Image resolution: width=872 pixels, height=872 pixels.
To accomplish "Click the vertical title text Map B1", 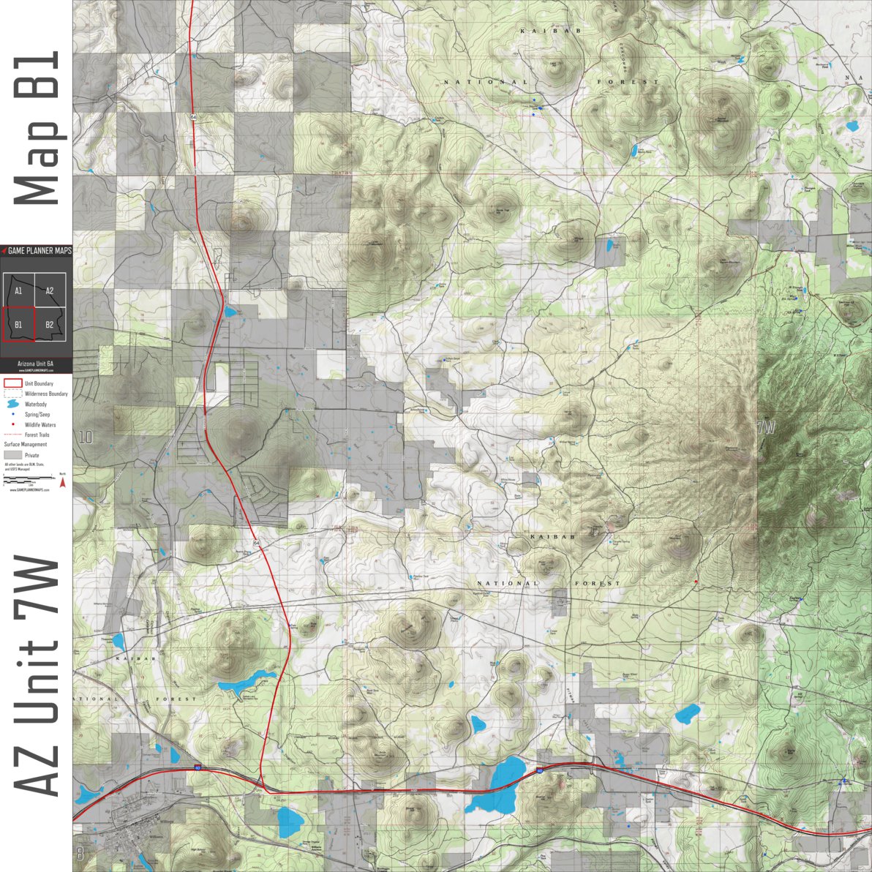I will click(x=37, y=129).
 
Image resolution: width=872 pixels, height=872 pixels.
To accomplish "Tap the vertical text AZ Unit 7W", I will click(x=37, y=677).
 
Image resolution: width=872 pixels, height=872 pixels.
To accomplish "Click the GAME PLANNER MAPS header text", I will click(x=40, y=251).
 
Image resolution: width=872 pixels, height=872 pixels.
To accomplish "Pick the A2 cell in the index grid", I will click(x=50, y=290).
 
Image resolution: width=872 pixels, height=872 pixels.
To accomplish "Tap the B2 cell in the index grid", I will click(x=50, y=324).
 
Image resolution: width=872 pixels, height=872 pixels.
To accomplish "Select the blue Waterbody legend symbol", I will click(x=12, y=404).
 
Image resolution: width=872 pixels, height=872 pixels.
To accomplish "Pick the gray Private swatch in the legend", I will click(x=12, y=455).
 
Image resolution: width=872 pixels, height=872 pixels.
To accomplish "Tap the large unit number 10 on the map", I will click(x=86, y=438).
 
